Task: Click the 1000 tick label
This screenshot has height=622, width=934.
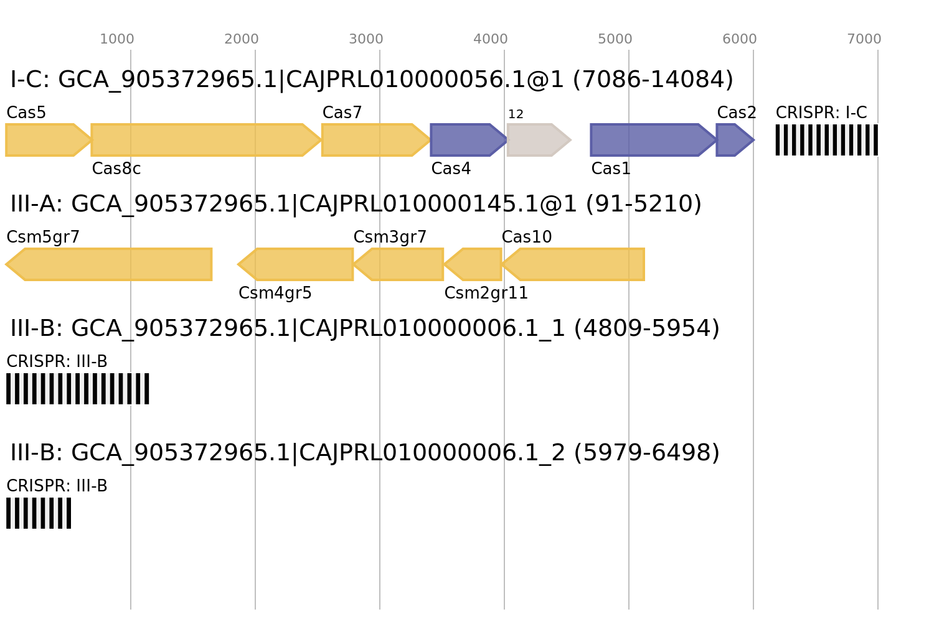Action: [117, 39]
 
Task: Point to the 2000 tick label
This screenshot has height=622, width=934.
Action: [242, 39]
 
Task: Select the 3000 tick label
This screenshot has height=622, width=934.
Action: [366, 39]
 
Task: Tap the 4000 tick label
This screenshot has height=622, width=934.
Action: [491, 39]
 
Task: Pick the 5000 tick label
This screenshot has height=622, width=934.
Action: [615, 39]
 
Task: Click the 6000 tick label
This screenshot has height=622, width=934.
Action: [740, 39]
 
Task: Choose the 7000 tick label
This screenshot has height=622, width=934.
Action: [864, 39]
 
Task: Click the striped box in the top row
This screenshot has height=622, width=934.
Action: [826, 140]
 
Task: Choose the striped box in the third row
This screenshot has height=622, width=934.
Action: [78, 389]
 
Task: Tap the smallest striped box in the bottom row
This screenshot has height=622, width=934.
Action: [39, 513]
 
